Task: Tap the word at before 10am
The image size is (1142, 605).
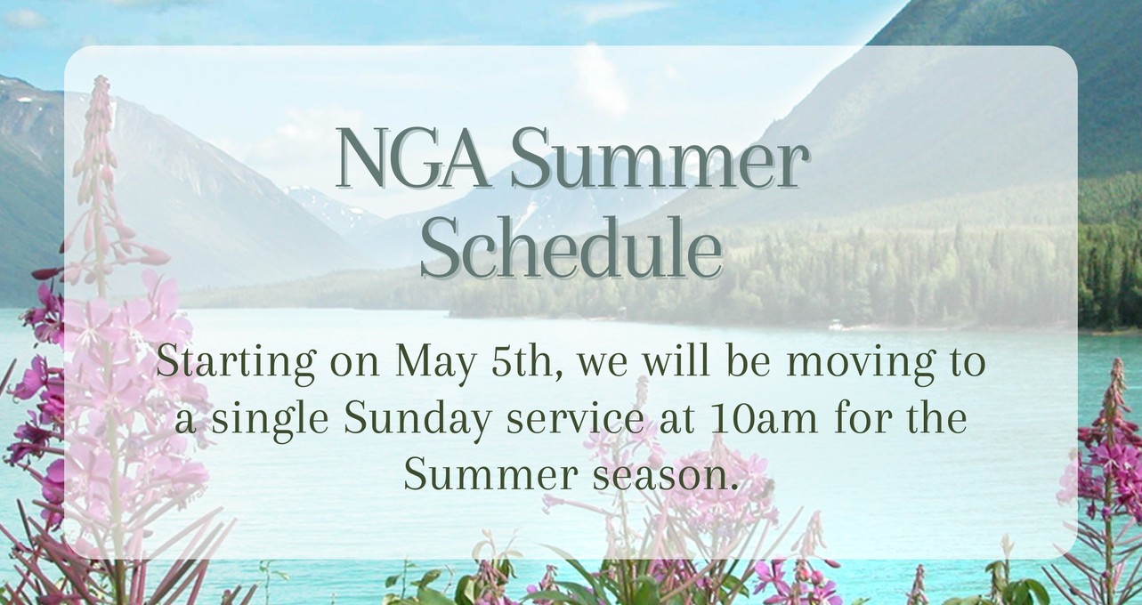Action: coord(676,420)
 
